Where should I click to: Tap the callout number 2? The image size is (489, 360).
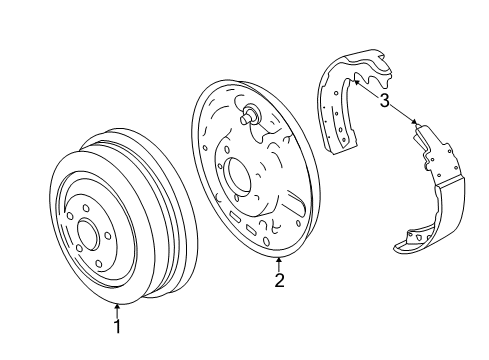click(279, 281)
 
